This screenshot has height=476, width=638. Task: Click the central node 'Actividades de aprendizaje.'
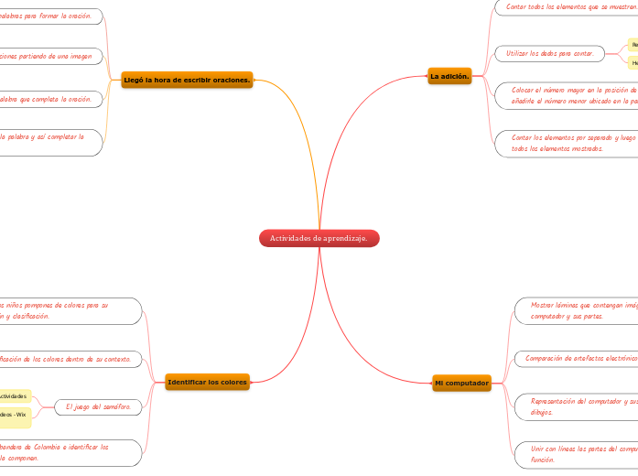click(319, 238)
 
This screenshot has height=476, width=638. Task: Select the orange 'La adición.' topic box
click(449, 76)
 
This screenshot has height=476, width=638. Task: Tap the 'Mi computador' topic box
click(461, 382)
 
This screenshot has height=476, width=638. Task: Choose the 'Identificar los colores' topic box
click(208, 381)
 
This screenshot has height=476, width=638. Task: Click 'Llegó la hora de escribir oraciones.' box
click(188, 80)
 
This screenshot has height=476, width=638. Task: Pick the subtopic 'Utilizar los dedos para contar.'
click(549, 54)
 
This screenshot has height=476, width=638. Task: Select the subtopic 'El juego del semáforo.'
click(98, 406)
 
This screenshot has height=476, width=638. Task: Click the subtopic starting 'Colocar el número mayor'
click(573, 95)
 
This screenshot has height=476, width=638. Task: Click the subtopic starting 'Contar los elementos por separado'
click(573, 143)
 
